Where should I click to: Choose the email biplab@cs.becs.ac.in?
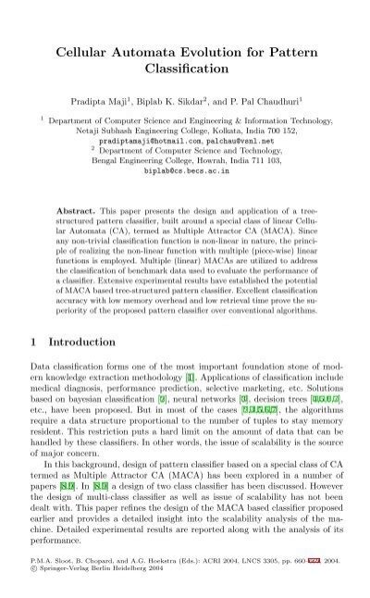184,171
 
